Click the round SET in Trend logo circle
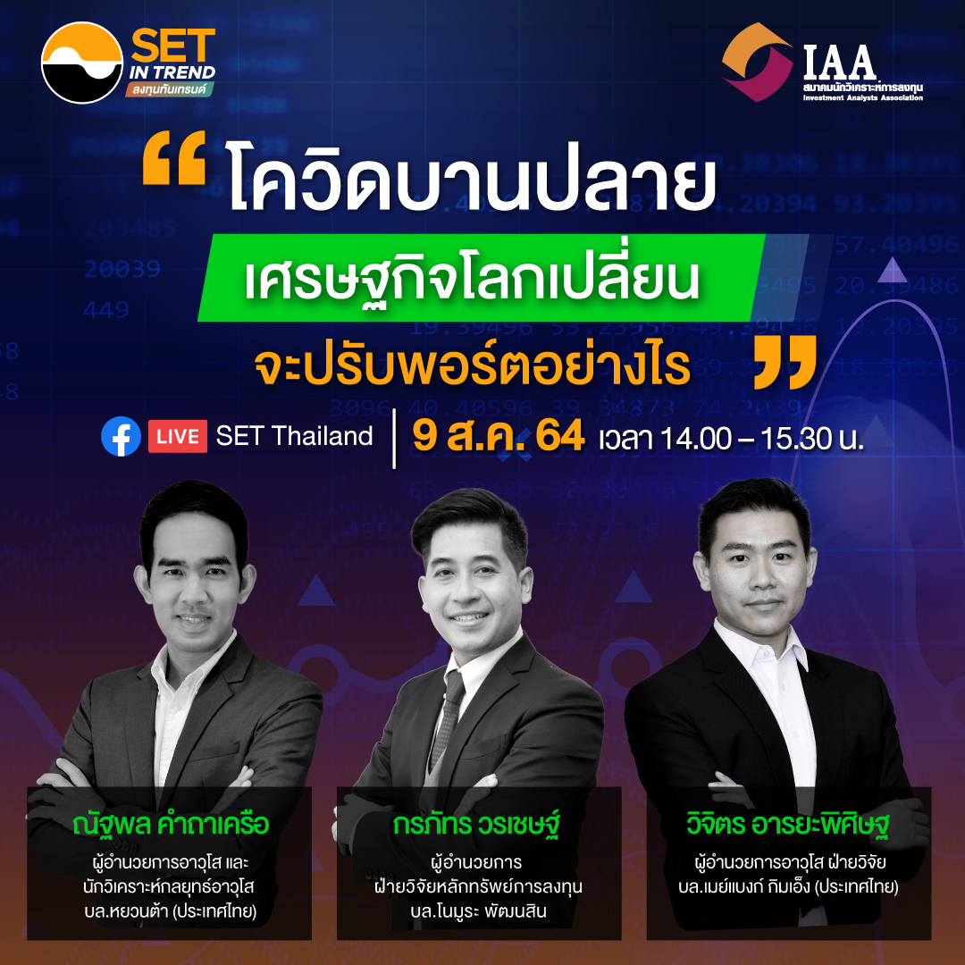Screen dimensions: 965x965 (82, 63)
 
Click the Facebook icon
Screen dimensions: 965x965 (121, 436)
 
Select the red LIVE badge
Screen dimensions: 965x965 (177, 436)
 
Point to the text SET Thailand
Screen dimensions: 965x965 (294, 436)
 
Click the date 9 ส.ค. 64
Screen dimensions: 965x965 (498, 437)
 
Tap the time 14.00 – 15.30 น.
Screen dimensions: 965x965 (761, 438)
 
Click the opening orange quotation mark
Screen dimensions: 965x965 (174, 157)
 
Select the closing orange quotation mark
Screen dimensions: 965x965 (785, 362)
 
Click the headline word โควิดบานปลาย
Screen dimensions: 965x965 (472, 175)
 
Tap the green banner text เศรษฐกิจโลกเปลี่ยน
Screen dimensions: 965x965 (472, 280)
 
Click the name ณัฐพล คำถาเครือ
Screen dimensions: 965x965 (171, 824)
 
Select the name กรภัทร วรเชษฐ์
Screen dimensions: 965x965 (479, 824)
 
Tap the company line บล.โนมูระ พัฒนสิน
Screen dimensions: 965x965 (478, 910)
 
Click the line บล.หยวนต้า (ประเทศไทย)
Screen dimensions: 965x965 (171, 910)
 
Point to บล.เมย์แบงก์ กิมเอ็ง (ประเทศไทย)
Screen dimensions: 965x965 (788, 887)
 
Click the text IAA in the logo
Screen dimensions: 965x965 (839, 62)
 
